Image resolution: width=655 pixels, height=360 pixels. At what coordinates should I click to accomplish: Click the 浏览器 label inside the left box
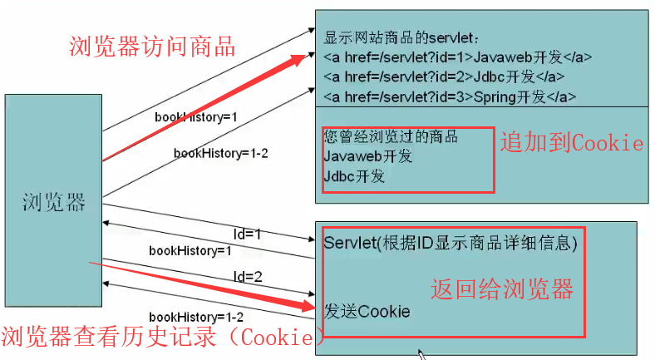pos(54,201)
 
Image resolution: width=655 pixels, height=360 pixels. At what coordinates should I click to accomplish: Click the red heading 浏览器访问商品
pos(151,47)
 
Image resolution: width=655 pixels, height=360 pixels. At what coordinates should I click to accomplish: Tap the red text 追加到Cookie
pos(571,143)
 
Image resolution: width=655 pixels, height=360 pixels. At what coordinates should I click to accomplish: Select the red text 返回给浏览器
pos(501,289)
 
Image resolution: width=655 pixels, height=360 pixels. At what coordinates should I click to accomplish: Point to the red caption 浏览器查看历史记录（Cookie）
pos(162,337)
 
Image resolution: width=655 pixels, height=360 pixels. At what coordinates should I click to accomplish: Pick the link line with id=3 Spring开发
pos(450,96)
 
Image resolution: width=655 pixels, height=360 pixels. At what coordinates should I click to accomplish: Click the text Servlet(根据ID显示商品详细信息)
pos(450,243)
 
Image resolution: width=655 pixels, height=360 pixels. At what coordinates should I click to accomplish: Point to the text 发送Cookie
pos(367,312)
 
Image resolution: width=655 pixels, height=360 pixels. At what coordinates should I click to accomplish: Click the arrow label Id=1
pos(247,235)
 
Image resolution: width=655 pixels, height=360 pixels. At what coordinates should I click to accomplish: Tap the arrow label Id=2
pos(247,275)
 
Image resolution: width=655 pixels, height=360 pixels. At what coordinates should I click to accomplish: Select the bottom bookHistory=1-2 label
pos(196,317)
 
